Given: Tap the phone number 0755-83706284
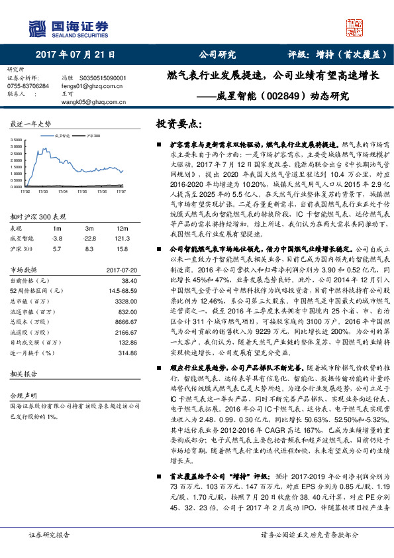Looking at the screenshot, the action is click(x=27, y=86).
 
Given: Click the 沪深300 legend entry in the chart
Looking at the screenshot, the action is click(x=94, y=134).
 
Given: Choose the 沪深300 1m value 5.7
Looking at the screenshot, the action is click(x=57, y=248).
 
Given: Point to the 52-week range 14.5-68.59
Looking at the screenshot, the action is click(x=112, y=290).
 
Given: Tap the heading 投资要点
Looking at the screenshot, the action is click(x=178, y=123).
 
